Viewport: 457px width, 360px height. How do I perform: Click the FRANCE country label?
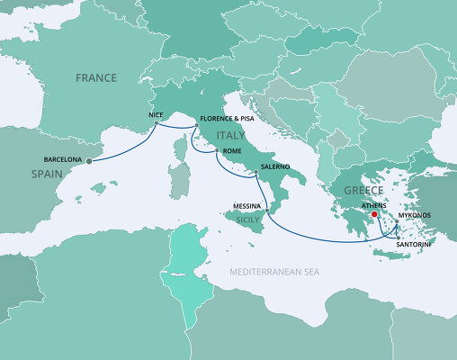[x=96, y=78]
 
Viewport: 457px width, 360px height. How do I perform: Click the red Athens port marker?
[x=374, y=215]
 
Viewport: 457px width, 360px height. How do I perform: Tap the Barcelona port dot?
[x=88, y=162]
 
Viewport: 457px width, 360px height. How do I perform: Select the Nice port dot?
[x=159, y=124]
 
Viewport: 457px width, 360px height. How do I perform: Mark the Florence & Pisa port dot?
[x=197, y=127]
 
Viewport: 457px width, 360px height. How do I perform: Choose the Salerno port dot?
[x=255, y=173]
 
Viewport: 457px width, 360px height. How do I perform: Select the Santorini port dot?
[x=398, y=238]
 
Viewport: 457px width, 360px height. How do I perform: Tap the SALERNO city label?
[x=275, y=167]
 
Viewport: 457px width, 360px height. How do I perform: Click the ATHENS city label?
[x=374, y=205]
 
